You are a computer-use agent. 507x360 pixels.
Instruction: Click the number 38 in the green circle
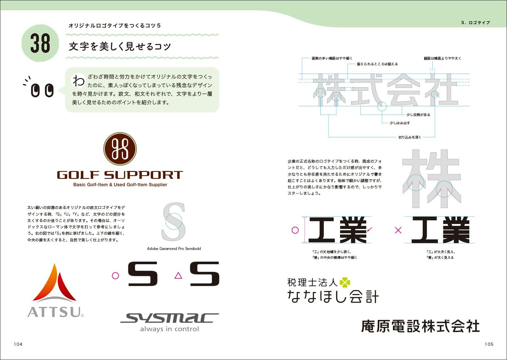tap(40, 43)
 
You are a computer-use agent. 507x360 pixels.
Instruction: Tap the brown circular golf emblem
tap(120, 149)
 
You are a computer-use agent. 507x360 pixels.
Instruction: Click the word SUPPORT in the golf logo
tap(144, 175)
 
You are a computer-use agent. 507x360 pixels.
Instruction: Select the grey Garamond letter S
tap(173, 221)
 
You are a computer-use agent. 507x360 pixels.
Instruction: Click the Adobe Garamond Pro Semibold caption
tap(174, 249)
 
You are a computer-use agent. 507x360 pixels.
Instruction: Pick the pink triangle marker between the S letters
tap(178, 275)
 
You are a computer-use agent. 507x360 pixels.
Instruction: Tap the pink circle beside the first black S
tap(115, 275)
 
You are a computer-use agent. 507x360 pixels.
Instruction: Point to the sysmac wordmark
tap(169, 318)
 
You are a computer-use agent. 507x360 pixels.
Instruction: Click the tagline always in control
tap(170, 329)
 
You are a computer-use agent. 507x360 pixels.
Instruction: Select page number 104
tap(18, 344)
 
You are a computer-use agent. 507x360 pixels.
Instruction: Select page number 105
tap(489, 344)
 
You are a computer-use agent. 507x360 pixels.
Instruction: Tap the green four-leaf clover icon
tap(345, 282)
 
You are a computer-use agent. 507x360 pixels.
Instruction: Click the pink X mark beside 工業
tap(398, 230)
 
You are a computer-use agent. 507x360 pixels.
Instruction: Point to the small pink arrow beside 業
tap(369, 229)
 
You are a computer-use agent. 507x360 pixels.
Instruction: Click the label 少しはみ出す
tap(400, 123)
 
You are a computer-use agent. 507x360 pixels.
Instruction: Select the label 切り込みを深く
tap(410, 137)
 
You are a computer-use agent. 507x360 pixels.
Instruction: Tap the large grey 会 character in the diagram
tap(403, 90)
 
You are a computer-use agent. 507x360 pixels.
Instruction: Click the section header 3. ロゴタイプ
tap(475, 23)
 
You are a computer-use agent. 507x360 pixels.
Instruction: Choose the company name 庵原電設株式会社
tap(420, 326)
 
